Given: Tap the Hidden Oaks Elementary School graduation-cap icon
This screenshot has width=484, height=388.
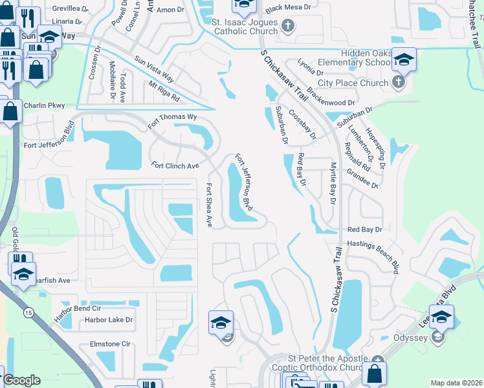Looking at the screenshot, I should [x=404, y=60].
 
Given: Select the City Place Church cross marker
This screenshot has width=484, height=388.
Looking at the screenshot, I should [x=398, y=82].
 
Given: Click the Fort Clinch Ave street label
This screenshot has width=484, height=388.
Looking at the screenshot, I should [x=175, y=166].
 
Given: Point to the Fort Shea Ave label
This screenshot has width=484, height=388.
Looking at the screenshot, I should [x=209, y=204].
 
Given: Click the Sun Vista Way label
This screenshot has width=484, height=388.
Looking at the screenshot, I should [x=154, y=67].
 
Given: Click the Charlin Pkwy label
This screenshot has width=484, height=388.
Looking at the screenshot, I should [x=45, y=105].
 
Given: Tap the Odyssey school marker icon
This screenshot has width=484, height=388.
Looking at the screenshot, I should [x=438, y=336].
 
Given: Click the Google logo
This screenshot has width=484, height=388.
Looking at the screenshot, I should [x=22, y=380].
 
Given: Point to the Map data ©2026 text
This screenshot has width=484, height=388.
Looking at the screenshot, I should [x=456, y=383].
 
